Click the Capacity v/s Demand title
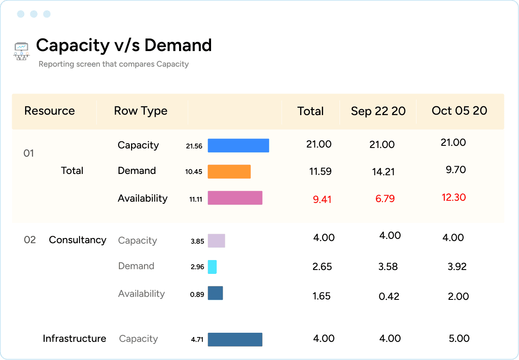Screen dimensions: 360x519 124,45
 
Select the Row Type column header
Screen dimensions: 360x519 141,111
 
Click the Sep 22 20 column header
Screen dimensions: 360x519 378,111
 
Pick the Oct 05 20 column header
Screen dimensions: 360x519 459,111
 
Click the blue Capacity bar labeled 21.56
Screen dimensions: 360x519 238,146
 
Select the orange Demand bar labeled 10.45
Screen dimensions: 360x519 229,172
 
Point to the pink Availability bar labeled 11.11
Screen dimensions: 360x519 235,198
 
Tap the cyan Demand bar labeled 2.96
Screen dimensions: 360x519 212,267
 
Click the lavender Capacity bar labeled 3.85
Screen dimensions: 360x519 216,241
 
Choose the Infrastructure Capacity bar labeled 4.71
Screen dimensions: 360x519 235,340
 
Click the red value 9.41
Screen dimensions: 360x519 322,199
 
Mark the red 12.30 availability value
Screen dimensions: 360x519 454,197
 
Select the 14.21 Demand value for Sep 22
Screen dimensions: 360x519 383,172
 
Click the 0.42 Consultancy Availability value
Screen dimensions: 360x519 389,296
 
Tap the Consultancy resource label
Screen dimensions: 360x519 77,240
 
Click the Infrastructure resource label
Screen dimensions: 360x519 74,338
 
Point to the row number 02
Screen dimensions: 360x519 30,240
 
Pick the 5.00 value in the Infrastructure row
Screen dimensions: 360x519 459,338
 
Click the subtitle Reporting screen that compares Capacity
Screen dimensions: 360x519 114,64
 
